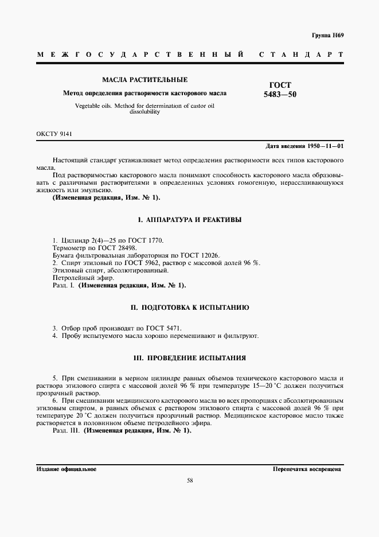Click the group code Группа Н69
(x=328, y=36)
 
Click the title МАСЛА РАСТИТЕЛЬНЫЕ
(x=144, y=80)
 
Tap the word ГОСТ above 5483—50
(x=280, y=84)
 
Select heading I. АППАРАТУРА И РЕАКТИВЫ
(x=190, y=220)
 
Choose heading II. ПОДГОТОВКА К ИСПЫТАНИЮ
(x=190, y=308)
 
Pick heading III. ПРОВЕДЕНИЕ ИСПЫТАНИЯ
(x=190, y=358)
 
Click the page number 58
(x=189, y=481)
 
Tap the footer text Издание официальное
(x=66, y=469)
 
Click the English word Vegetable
(x=88, y=106)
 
